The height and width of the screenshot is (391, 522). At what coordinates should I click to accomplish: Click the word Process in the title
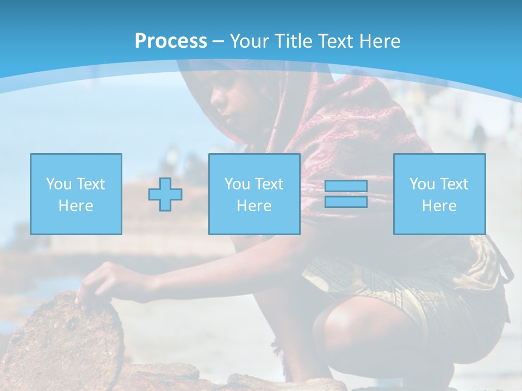[x=171, y=41]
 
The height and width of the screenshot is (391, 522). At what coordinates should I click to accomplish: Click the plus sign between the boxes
[x=165, y=194]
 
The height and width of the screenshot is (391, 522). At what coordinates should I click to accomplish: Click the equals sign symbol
[x=346, y=194]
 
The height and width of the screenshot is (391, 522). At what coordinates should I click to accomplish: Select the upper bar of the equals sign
[x=346, y=186]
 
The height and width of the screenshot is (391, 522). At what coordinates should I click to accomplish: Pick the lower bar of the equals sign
[x=346, y=201]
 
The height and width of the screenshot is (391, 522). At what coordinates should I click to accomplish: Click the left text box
[x=76, y=194]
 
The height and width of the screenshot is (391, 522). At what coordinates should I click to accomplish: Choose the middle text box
[x=254, y=194]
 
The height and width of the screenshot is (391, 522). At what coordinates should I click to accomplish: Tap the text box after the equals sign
[x=439, y=194]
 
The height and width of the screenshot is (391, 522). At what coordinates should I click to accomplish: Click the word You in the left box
[x=58, y=184]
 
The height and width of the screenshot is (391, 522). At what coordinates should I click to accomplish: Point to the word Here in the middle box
[x=254, y=206]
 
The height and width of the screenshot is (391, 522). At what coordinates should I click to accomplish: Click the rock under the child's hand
[x=60, y=337]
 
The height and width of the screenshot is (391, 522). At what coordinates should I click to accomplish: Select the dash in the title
[x=218, y=41]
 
